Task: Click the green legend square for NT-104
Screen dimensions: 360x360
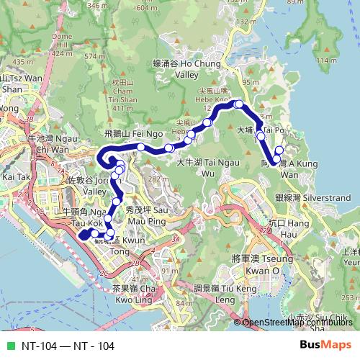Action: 9,346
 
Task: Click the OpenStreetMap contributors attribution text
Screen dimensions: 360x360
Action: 299,323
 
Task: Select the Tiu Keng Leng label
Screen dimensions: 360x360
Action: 215,294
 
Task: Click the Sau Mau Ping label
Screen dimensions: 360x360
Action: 148,215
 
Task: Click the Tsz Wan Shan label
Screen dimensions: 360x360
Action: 14,82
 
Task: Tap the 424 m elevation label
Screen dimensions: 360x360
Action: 63,53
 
